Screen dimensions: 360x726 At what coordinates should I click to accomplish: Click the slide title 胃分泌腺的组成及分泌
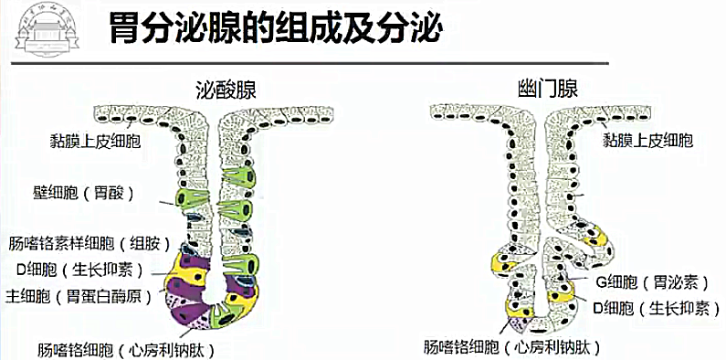(x=274, y=28)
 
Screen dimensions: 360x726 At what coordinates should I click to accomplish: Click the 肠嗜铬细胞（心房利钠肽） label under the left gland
(x=127, y=348)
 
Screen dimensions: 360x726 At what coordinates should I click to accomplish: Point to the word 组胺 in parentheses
(x=145, y=244)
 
